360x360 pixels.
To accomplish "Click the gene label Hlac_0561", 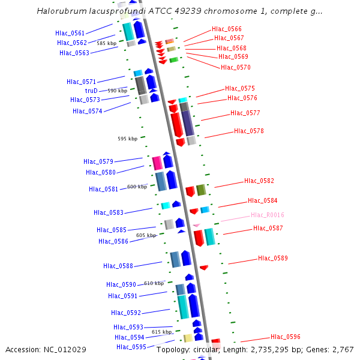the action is [x=70, y=34].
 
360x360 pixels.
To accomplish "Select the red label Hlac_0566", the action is [x=227, y=29].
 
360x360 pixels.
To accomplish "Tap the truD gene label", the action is [x=91, y=91].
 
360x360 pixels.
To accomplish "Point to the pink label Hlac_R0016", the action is [x=268, y=215].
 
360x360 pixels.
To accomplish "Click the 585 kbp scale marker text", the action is [x=106, y=43].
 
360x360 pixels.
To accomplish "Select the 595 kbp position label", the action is [x=127, y=139].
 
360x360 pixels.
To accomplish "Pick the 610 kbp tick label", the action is [x=154, y=283].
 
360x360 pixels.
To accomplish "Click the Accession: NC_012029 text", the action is [x=46, y=349].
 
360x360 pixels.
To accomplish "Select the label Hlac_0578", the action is [x=249, y=131].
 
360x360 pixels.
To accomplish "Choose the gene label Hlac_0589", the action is [x=273, y=258].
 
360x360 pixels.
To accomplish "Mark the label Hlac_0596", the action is [x=286, y=337].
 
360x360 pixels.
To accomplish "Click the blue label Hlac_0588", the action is [x=118, y=266].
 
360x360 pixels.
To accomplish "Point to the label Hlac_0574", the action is [x=88, y=111].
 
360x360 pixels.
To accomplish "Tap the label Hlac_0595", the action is [x=131, y=347].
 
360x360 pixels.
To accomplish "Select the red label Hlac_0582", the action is [x=259, y=181].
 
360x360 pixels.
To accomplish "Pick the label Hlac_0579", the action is [x=98, y=161].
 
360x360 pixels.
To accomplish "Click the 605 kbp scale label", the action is [x=146, y=235].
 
